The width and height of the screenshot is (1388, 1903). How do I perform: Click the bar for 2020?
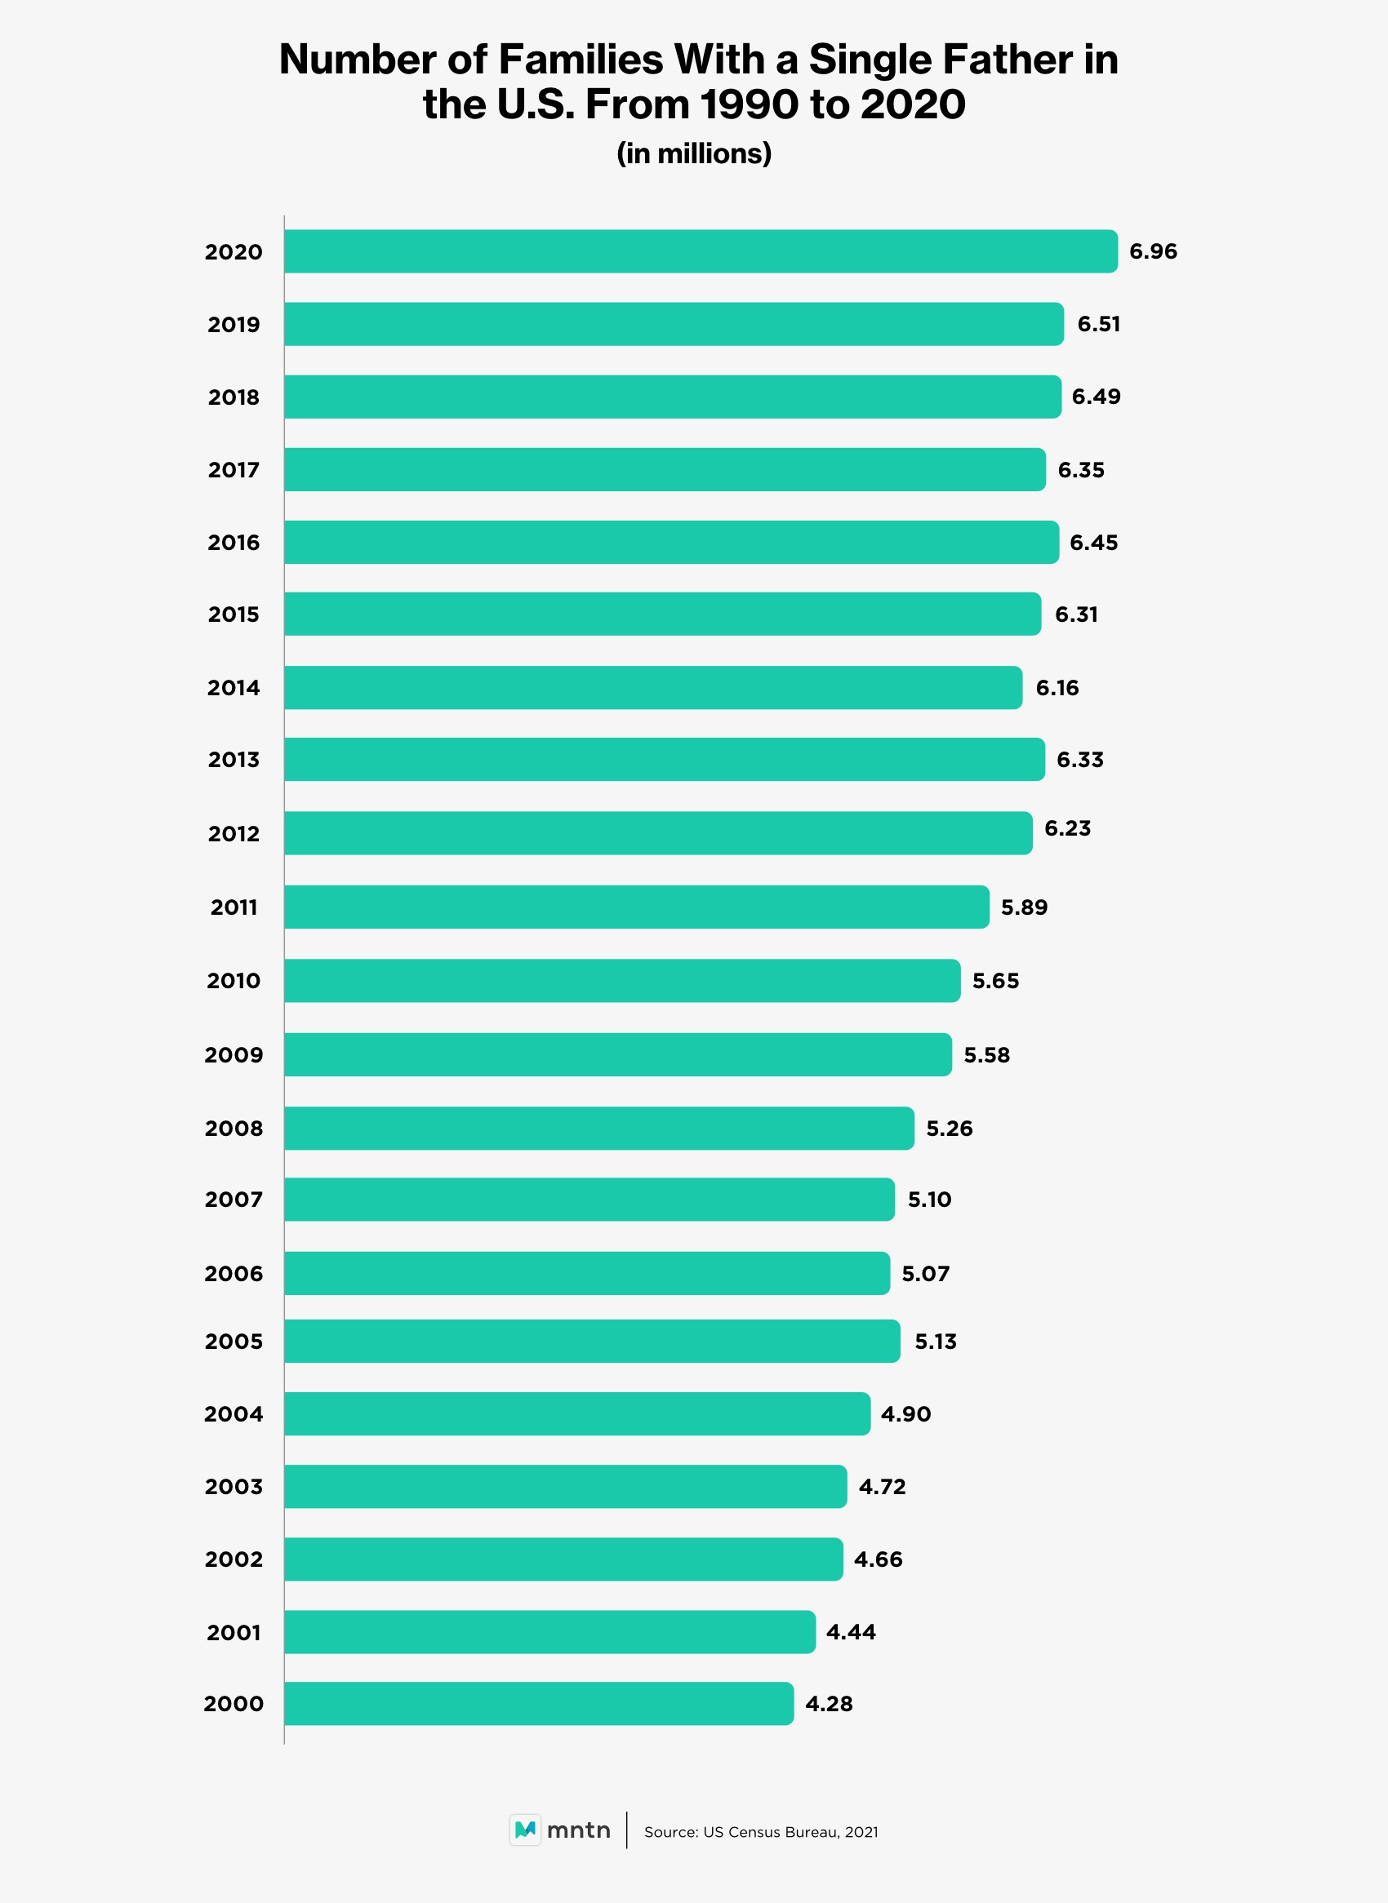point(701,251)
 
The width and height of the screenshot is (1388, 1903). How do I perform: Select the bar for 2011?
point(636,907)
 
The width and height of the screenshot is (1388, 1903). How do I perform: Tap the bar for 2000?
point(539,1703)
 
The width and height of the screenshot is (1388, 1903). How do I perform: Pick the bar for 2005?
point(591,1342)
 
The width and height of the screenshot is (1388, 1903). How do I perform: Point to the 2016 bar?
point(671,543)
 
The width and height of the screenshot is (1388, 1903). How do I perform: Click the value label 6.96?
point(1153,251)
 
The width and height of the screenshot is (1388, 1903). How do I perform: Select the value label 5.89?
point(1024,907)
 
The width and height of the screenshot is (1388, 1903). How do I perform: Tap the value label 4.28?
point(829,1703)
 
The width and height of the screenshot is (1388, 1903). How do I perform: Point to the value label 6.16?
point(1057,688)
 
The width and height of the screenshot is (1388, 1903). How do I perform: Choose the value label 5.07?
point(925,1273)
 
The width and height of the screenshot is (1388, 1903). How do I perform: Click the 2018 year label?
point(234,397)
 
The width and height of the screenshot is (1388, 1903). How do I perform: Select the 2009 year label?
point(234,1055)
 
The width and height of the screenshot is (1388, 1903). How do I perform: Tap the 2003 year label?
point(234,1487)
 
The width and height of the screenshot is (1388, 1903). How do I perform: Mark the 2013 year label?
point(234,760)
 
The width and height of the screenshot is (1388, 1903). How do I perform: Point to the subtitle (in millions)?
point(694,153)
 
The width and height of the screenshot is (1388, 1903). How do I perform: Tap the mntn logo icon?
point(525,1830)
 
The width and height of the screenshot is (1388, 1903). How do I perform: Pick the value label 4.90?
point(905,1414)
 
